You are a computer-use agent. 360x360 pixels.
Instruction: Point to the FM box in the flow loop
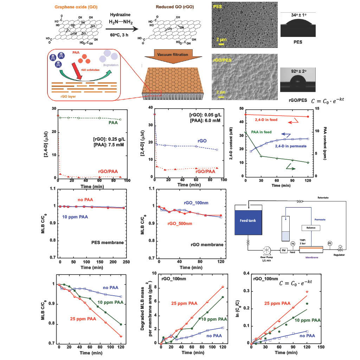pyautogui.click(x=284, y=250)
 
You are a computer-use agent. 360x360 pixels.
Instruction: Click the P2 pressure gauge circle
pyautogui.click(x=330, y=243)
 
